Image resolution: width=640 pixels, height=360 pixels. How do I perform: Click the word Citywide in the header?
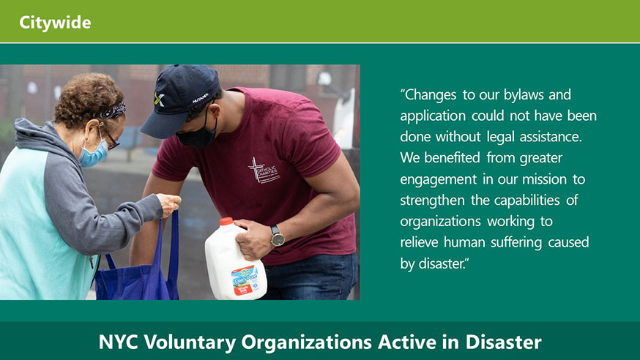[55, 23]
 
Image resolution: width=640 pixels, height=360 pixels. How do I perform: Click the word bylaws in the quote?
[524, 95]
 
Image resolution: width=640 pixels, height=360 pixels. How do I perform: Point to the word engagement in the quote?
[439, 180]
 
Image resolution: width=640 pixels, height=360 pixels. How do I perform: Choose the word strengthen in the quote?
[432, 200]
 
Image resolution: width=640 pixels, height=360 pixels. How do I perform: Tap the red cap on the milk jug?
[226, 222]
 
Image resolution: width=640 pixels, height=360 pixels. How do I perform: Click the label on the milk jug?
[244, 280]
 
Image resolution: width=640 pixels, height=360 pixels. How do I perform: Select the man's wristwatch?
[277, 236]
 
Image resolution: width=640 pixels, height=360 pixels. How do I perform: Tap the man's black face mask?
[198, 133]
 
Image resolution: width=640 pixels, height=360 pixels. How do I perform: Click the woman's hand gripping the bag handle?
[168, 204]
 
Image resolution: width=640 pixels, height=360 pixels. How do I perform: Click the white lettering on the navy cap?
[201, 98]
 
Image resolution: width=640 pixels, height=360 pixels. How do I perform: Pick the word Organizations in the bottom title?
[306, 342]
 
